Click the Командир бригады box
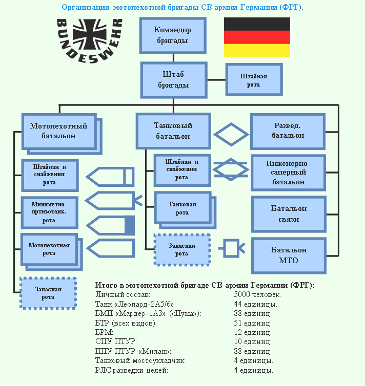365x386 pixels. click(172, 35)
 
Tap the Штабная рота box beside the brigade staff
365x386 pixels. click(253, 80)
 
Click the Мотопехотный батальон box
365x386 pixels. click(58, 131)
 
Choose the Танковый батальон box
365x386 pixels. click(173, 131)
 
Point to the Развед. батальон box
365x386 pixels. click(288, 131)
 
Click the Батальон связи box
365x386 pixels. click(289, 214)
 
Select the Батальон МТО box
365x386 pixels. click(289, 255)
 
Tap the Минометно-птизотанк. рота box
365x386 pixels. click(49, 212)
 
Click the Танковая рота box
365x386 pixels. click(182, 208)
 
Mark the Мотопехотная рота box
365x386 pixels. click(49, 249)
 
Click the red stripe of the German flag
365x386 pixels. click(257, 37)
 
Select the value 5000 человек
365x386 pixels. click(257, 295)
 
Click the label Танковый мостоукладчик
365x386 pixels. click(133, 361)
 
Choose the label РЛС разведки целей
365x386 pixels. click(131, 370)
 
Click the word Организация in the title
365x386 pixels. click(84, 7)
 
